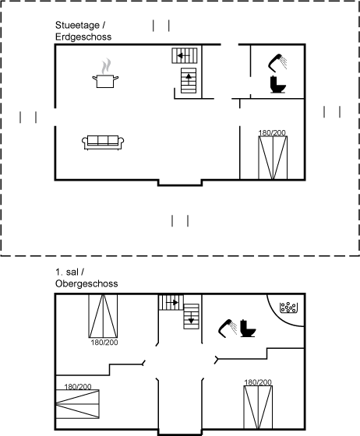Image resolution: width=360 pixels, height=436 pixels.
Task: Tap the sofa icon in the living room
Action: [x=103, y=142]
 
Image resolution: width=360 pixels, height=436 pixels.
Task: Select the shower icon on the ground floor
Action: [x=277, y=63]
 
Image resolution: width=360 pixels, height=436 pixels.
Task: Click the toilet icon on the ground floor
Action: [x=278, y=84]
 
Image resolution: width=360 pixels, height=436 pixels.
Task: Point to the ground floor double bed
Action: [x=273, y=157]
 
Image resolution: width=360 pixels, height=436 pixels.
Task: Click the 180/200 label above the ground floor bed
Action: [x=272, y=133]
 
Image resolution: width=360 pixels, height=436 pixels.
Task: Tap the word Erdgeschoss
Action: [x=83, y=37]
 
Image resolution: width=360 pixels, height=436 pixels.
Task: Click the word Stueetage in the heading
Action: [x=77, y=25]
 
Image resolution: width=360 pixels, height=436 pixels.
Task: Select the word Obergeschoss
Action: [x=86, y=283]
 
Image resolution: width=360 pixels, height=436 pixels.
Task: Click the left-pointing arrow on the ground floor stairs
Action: [x=184, y=55]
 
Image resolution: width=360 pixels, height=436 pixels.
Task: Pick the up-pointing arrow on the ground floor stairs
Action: [x=189, y=79]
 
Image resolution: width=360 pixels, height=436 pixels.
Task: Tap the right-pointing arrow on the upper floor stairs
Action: [x=172, y=302]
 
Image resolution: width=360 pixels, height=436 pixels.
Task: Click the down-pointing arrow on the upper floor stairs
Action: [x=191, y=318]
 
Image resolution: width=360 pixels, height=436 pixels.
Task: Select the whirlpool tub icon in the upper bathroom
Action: [x=288, y=308]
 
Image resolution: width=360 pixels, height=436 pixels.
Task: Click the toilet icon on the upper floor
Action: [x=248, y=329]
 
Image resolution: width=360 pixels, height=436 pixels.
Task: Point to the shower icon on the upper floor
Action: [x=228, y=329]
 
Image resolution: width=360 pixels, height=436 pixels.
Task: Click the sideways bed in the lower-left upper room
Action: [x=78, y=404]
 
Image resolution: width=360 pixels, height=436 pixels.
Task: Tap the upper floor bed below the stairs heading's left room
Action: [x=103, y=316]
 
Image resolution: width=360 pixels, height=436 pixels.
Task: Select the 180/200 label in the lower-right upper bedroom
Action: [x=258, y=382]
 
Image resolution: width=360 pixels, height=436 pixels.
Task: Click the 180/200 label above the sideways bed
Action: [x=78, y=387]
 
